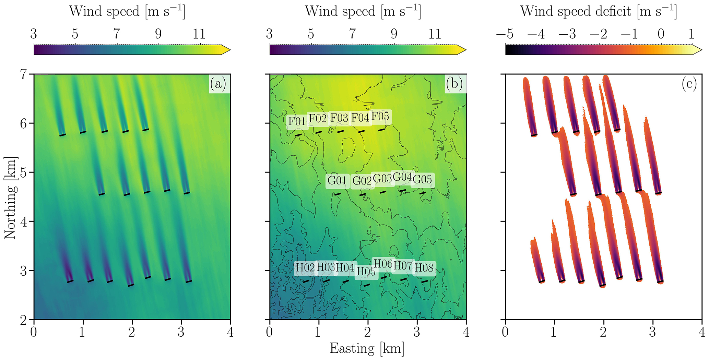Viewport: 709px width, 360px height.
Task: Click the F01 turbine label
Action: pyautogui.click(x=297, y=121)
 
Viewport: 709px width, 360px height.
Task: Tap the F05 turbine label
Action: pyautogui.click(x=380, y=117)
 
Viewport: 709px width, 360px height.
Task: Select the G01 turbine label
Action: pyautogui.click(x=337, y=180)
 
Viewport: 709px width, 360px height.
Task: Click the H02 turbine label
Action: pyautogui.click(x=305, y=267)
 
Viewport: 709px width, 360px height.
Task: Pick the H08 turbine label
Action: pyautogui.click(x=424, y=268)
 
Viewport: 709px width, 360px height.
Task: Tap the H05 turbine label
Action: pyautogui.click(x=366, y=271)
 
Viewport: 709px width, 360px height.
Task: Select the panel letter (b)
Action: pyautogui.click(x=454, y=83)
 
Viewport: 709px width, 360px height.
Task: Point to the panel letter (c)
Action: pyautogui.click(x=689, y=84)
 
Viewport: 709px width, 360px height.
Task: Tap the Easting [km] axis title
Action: pyautogui.click(x=367, y=348)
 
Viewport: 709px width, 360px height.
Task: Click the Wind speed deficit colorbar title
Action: pyautogui.click(x=599, y=11)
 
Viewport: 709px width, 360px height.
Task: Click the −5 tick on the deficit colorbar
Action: pyautogui.click(x=505, y=34)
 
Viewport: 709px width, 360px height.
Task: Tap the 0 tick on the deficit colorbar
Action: pyautogui.click(x=661, y=34)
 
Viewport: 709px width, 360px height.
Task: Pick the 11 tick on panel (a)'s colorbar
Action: pyautogui.click(x=199, y=34)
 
